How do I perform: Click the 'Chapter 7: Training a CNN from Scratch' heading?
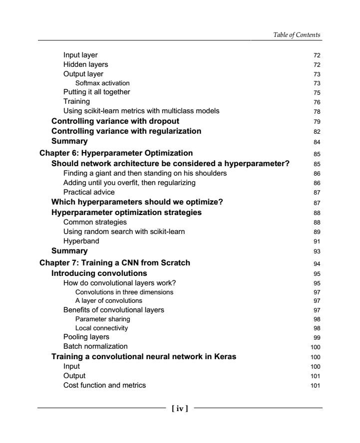tap(114, 263)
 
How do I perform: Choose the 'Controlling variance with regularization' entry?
tap(126, 131)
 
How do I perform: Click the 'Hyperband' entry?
tap(81, 241)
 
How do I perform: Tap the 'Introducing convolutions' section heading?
tap(99, 273)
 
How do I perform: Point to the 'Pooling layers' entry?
tap(86, 337)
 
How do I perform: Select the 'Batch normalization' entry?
tap(95, 346)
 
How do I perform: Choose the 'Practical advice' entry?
tap(89, 192)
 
